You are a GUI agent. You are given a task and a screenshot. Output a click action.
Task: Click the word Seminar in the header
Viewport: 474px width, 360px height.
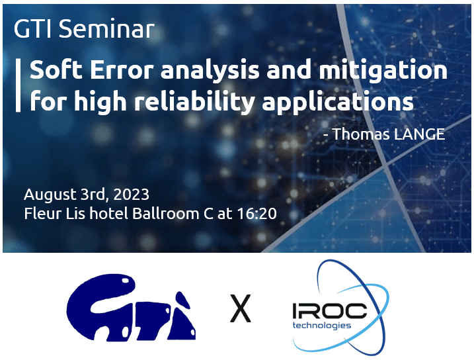(106, 28)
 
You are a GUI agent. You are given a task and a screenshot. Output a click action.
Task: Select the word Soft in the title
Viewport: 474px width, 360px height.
(56, 69)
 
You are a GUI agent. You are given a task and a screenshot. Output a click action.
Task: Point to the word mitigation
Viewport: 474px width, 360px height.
(383, 70)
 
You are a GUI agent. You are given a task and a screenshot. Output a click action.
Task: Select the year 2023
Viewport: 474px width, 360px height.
(131, 195)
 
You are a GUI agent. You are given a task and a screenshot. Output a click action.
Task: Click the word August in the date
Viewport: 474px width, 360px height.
(50, 195)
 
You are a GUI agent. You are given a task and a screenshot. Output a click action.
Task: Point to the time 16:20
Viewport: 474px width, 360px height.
(257, 213)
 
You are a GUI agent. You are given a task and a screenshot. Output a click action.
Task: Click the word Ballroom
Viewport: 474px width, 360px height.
(166, 213)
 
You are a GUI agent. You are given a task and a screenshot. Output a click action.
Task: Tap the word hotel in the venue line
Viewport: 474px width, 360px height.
(109, 213)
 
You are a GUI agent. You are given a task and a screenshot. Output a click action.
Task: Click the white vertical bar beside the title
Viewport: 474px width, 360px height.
(18, 85)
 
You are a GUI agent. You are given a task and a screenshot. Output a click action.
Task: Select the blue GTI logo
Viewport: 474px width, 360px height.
(131, 308)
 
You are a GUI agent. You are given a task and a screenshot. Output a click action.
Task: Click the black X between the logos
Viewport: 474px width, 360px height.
(241, 308)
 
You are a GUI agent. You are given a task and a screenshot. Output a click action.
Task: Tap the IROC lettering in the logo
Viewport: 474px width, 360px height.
(329, 311)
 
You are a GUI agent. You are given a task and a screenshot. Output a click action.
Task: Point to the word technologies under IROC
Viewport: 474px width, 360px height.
(322, 326)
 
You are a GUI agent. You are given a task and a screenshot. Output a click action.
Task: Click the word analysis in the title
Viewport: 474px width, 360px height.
(210, 70)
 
